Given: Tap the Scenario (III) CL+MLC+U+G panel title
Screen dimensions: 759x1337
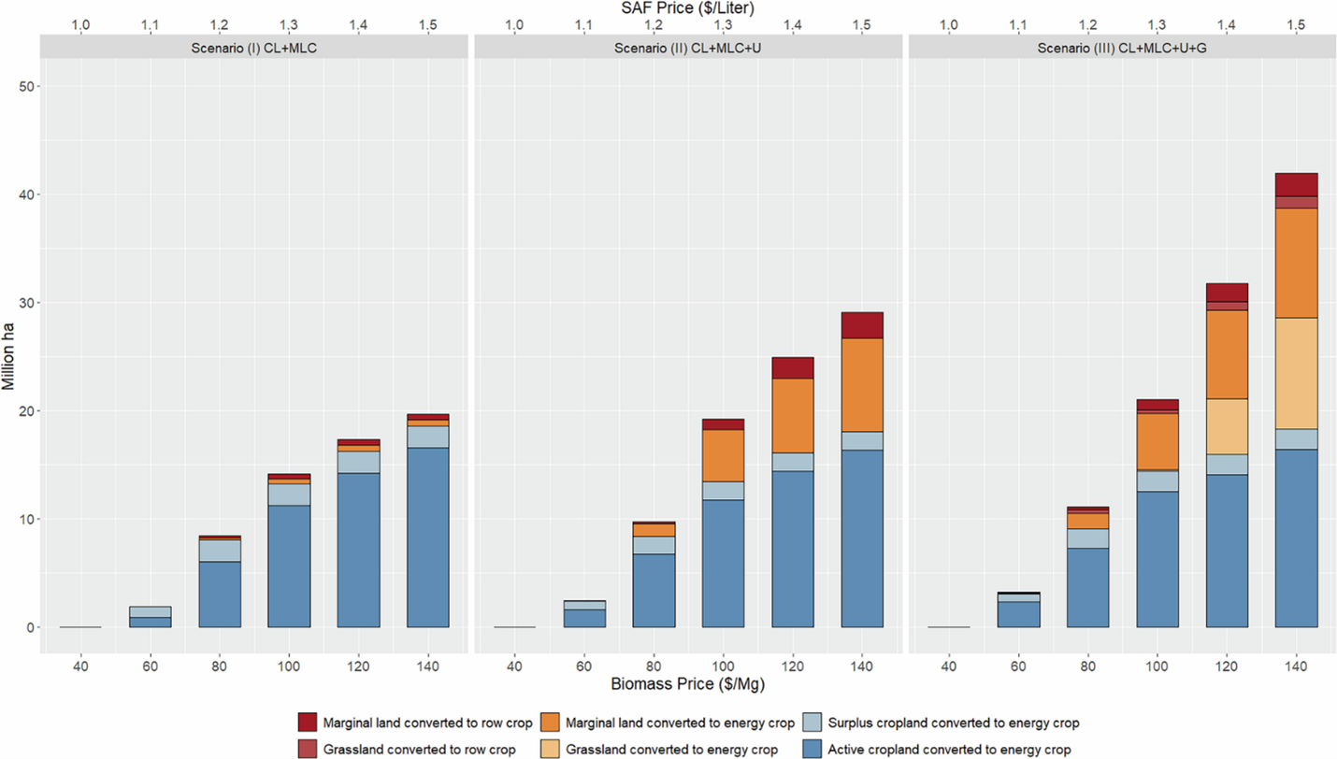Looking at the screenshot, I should (x=1122, y=48).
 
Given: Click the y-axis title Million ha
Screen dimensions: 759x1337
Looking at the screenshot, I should (x=10, y=357).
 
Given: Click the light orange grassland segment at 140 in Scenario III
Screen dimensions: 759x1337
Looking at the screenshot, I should (x=1296, y=373).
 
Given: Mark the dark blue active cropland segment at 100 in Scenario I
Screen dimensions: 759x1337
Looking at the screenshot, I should (x=289, y=566).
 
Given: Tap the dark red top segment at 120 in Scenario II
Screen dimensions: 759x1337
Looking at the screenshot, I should (x=793, y=367).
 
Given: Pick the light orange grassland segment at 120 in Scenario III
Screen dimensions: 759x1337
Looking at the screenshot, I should (x=1227, y=426).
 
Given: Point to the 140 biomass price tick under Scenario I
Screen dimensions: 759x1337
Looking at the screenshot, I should (x=428, y=666).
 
